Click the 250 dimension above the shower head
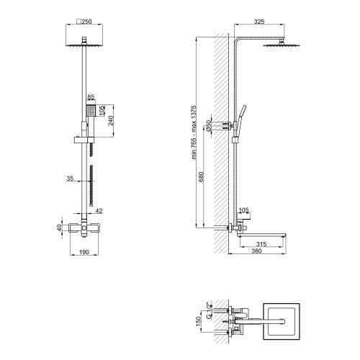click(x=86, y=22)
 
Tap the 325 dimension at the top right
click(x=259, y=22)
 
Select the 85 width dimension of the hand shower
click(x=91, y=97)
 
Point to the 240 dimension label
click(x=111, y=120)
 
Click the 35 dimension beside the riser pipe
click(x=70, y=179)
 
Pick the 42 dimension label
click(x=99, y=211)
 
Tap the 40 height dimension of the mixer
click(x=59, y=228)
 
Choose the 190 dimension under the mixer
click(x=84, y=252)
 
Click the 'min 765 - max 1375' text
click(x=194, y=132)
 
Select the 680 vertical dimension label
click(x=201, y=176)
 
